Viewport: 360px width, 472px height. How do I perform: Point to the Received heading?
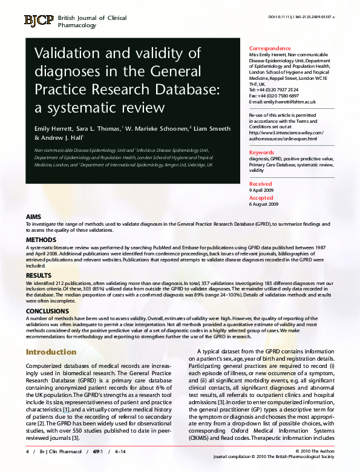261,183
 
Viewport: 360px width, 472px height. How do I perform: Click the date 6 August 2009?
264,204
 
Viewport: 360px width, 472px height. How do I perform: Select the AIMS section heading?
34,217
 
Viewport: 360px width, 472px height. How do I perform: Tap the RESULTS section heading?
38,274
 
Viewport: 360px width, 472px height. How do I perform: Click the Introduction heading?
51,352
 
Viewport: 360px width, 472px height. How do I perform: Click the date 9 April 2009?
261,190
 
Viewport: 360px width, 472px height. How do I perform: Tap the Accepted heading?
261,198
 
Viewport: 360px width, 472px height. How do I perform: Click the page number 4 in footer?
27,451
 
